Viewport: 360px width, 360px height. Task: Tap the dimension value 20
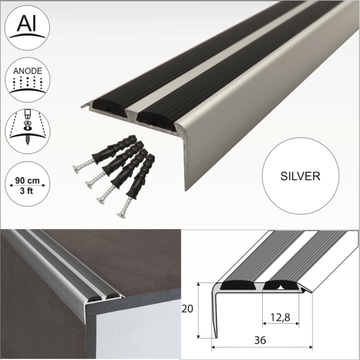(x=188, y=309)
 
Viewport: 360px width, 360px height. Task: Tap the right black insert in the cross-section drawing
(x=282, y=286)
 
